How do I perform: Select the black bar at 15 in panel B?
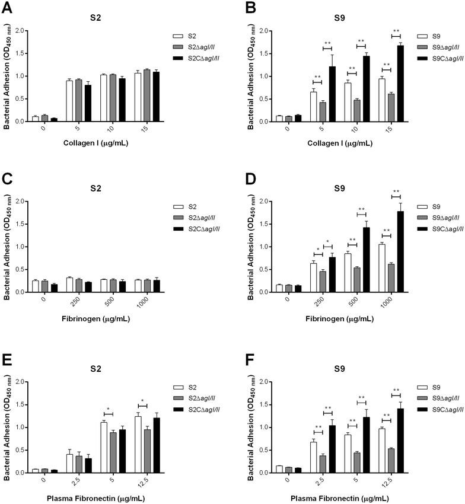401,84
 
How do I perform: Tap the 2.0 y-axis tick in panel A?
22,30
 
